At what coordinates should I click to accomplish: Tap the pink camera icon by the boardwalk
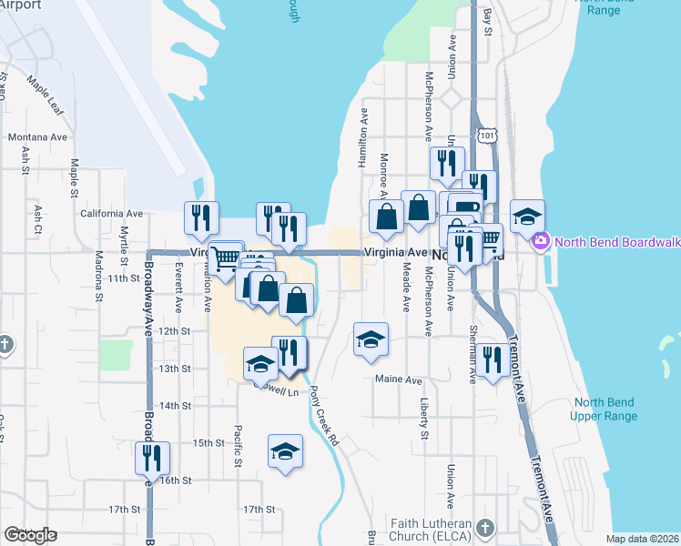point(541,240)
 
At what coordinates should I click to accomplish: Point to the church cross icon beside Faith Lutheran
point(485,528)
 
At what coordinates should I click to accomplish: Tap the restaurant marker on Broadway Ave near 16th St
point(152,457)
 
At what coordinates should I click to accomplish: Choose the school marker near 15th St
point(285,451)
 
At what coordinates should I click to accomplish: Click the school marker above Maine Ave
point(371,339)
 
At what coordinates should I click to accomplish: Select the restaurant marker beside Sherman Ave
point(493,359)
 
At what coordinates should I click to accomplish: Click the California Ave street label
point(112,214)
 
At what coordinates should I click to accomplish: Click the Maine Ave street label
point(400,379)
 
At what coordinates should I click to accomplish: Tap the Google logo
point(30,535)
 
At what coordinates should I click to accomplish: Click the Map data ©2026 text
point(642,539)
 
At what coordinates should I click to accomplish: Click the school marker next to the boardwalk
point(527,217)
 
